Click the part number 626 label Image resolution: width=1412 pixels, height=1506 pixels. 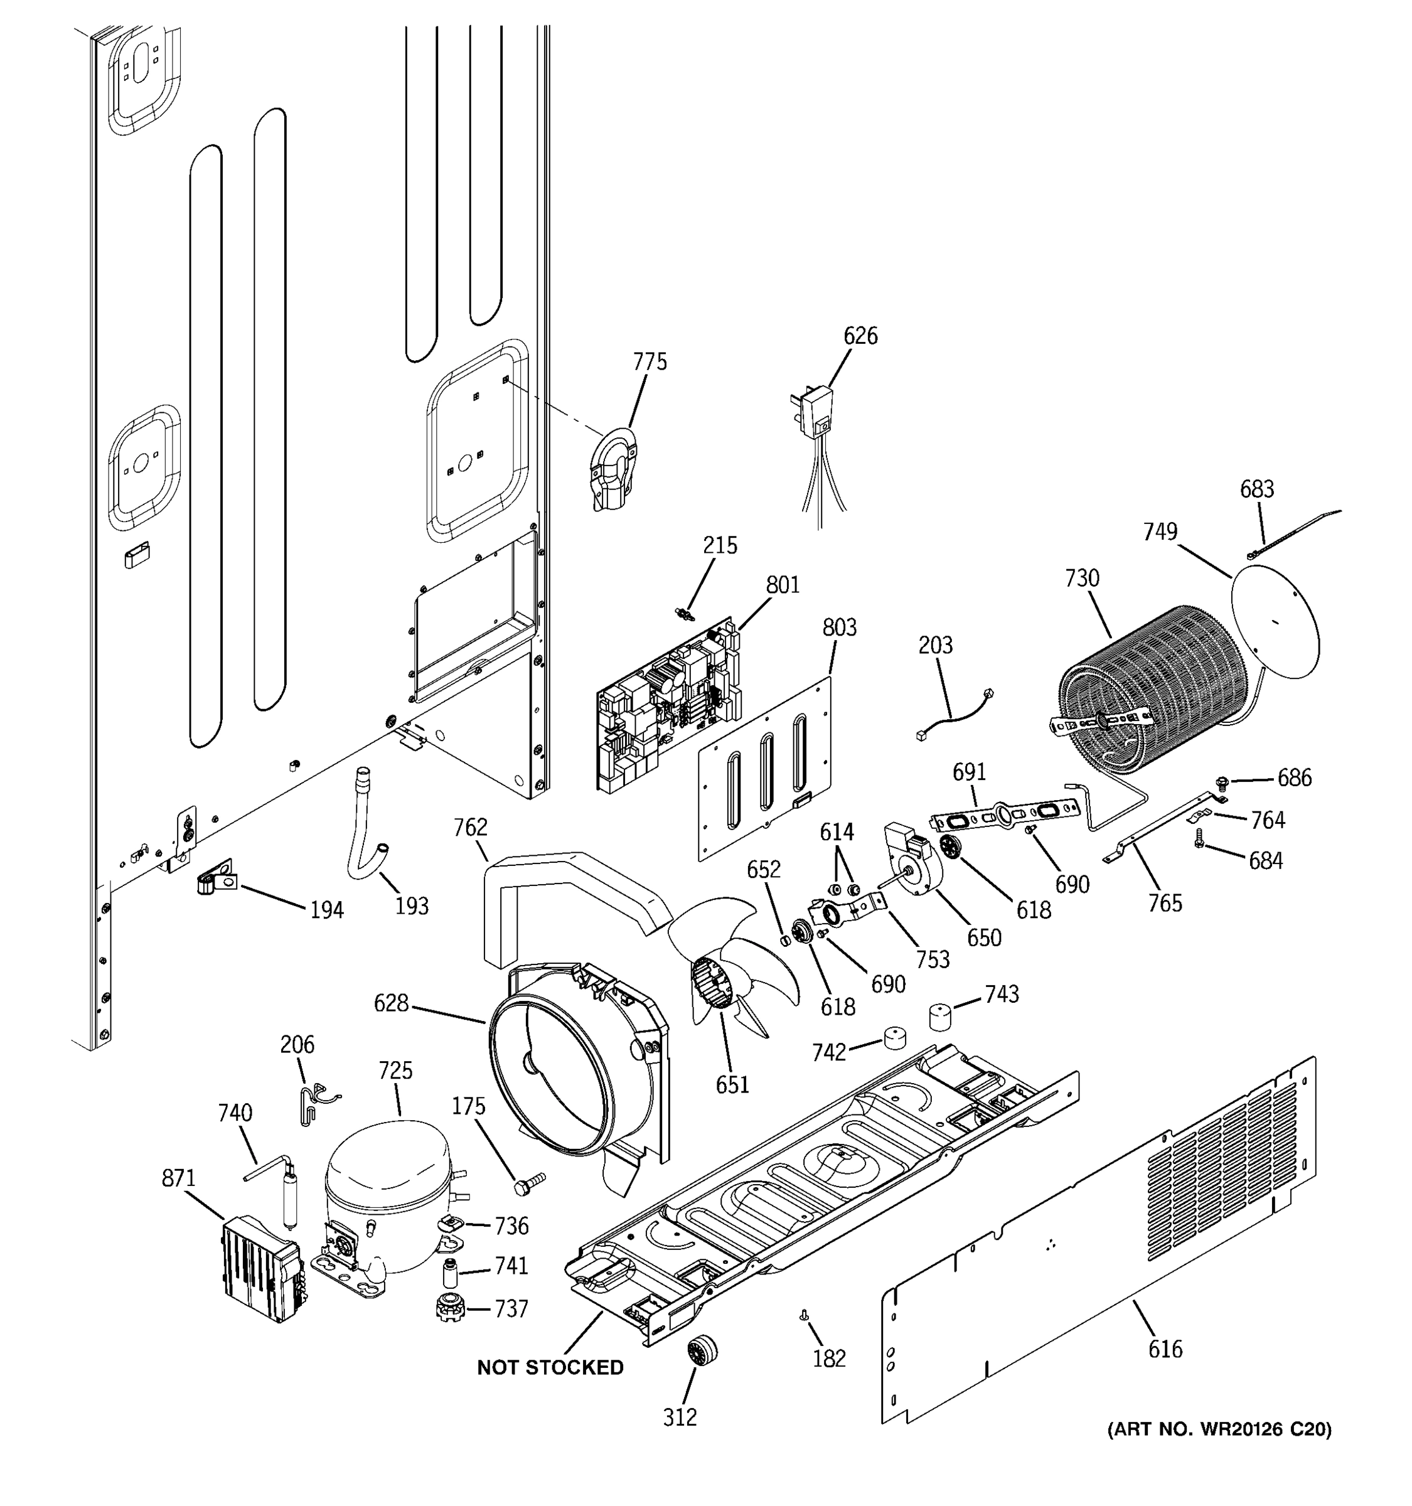tap(860, 336)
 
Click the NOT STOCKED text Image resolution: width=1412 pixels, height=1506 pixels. tap(550, 1367)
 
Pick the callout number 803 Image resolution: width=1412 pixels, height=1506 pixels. tap(838, 627)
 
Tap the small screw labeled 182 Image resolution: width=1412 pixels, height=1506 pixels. tap(805, 1316)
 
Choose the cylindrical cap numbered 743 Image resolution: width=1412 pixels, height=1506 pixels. tap(940, 1016)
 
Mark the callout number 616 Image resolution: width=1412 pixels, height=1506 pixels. tap(1164, 1348)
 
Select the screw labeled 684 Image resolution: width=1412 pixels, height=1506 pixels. tap(1199, 858)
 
